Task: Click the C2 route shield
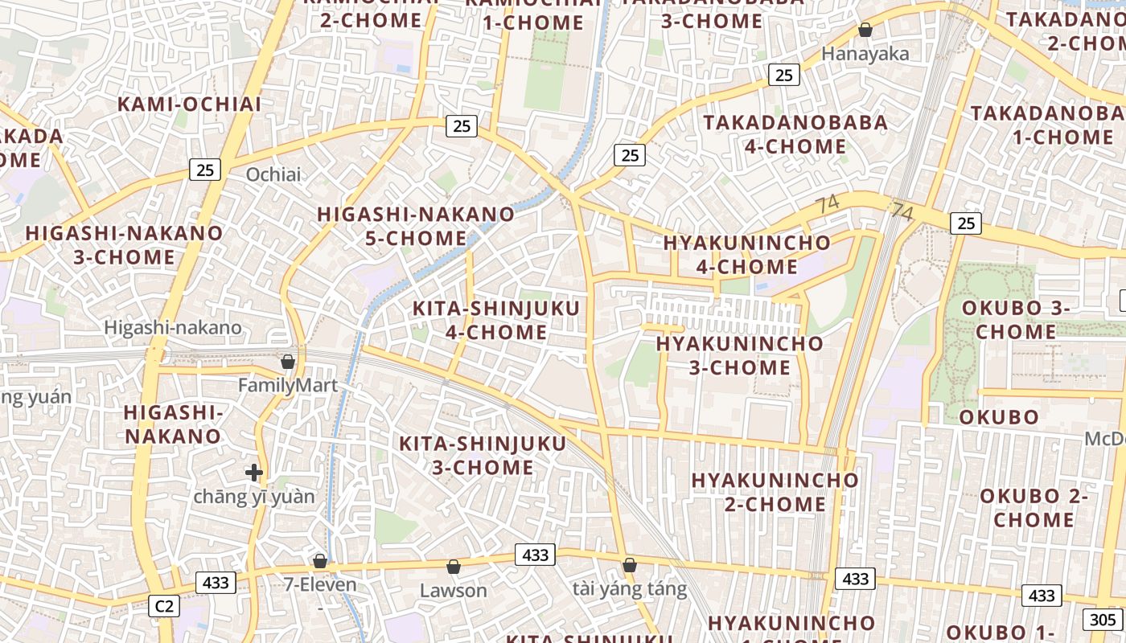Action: pos(163,606)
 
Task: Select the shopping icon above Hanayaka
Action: pos(865,30)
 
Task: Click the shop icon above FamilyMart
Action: pos(287,362)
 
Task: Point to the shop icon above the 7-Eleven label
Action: pos(320,560)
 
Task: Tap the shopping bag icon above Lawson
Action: pos(454,567)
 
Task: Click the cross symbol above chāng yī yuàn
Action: pos(254,473)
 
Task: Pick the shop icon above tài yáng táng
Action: pos(630,565)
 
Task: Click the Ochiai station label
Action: pos(273,174)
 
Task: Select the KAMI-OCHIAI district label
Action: pos(190,104)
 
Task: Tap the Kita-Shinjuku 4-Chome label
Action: pos(495,320)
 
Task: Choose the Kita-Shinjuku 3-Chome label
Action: pos(483,455)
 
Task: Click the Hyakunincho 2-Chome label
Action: pos(775,492)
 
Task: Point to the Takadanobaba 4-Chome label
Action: pos(796,134)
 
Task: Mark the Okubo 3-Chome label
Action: pos(1016,319)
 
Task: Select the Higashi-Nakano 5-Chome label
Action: pos(416,226)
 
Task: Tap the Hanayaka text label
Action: pos(865,54)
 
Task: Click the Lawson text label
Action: pos(454,591)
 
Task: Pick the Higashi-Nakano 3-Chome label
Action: pos(124,245)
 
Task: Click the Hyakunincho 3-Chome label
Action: pos(740,355)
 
